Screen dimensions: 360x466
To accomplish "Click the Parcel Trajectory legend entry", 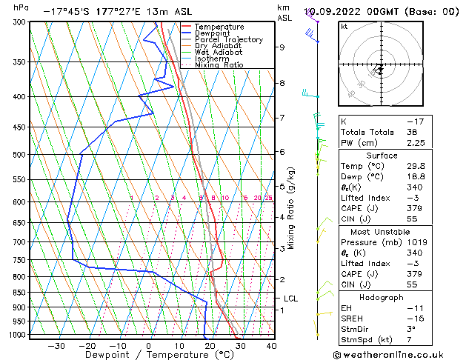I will click(x=229, y=40).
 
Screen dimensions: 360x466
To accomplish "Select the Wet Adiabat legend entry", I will click(x=219, y=53).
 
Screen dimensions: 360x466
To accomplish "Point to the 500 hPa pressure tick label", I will click(x=17, y=155).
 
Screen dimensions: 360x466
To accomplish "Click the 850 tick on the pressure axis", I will click(x=17, y=293).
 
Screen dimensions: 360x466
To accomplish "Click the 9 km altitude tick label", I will click(x=282, y=47).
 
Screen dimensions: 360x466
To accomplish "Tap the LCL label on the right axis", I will click(x=290, y=299).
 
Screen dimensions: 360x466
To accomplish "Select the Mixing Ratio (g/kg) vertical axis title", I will click(x=291, y=208).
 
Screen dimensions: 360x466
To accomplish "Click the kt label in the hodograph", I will click(x=344, y=26).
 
